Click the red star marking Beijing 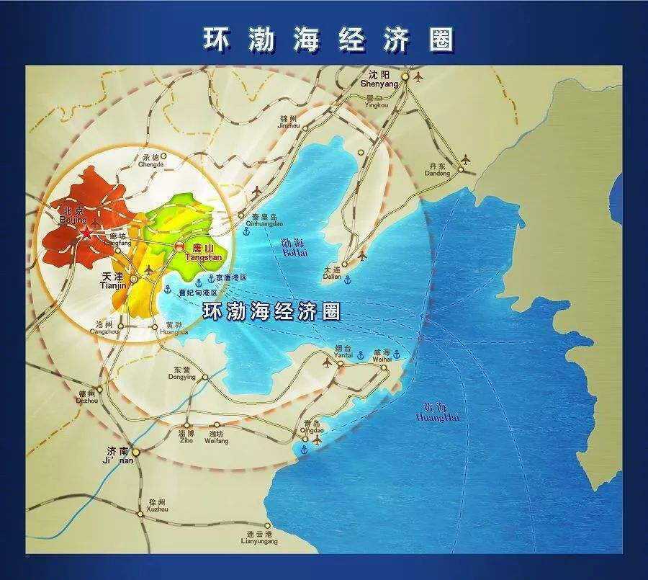(86, 232)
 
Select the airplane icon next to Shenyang (419, 76)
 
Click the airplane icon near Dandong (467, 158)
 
